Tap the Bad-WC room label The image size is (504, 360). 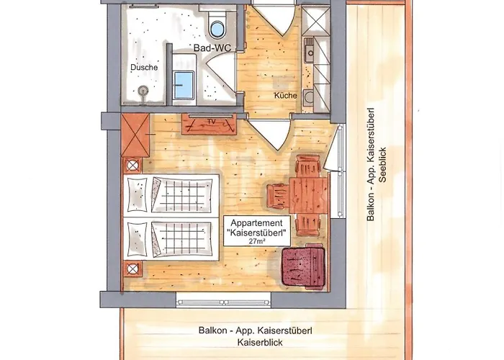pos(208,48)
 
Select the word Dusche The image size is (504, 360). pos(144,68)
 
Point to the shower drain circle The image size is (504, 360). pos(143,91)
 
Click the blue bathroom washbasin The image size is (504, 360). pos(183,86)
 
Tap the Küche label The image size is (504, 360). pos(285,96)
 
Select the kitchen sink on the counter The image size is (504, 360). pos(310,50)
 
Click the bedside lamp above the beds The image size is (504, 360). pos(132,165)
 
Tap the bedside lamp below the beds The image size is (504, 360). pos(132,269)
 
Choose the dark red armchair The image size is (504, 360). pos(302,266)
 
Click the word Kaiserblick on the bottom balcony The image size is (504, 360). pos(256,345)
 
